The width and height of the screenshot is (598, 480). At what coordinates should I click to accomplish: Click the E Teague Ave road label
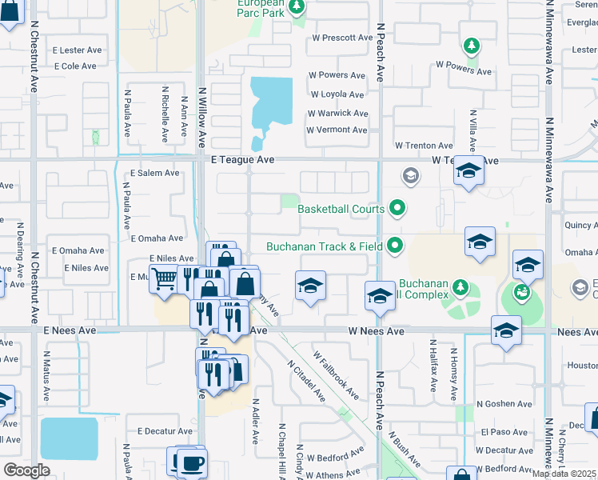coord(242,160)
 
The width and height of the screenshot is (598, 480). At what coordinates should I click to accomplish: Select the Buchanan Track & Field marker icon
coord(394,246)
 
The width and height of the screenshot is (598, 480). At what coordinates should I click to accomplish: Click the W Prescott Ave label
coord(342,38)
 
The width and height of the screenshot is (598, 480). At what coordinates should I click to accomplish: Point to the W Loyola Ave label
coord(338,94)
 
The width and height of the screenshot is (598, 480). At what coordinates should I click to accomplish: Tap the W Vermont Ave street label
coord(337,130)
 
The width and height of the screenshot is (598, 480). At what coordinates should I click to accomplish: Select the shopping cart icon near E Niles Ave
coord(165,279)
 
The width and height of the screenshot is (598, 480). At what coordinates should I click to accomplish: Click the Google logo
coord(27,470)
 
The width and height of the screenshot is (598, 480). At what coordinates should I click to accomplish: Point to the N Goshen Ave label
coord(504,405)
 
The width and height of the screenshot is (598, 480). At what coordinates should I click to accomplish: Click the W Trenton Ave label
coord(424,146)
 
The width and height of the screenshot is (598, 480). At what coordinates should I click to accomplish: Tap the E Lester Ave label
coord(77,50)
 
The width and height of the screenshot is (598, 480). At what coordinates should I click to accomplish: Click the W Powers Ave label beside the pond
coord(338,75)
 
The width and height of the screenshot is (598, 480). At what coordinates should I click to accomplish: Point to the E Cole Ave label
coord(75,66)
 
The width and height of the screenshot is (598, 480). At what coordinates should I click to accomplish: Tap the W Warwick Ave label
coord(339,113)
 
